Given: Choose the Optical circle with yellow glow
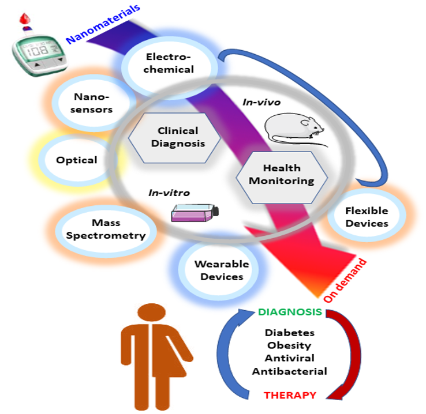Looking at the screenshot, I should tap(76, 160).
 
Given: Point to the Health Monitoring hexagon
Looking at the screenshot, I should tap(282, 174).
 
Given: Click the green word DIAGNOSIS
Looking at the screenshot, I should tap(290, 312).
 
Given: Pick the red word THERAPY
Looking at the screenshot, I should tap(290, 395).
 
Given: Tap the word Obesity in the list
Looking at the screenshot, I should tap(290, 345).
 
